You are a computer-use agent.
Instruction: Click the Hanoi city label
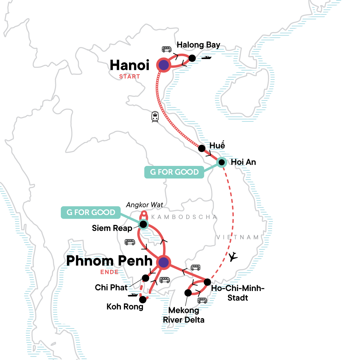130,65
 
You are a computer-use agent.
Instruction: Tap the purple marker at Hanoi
164,65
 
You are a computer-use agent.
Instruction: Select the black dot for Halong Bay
192,58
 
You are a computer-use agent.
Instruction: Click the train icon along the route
155,117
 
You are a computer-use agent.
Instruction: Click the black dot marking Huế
202,148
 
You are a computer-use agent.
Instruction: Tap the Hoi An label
243,162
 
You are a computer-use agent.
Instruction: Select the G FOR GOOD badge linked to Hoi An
174,172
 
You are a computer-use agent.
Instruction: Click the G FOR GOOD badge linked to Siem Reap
91,212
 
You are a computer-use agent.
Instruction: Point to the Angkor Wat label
144,205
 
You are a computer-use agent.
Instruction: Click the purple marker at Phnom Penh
164,262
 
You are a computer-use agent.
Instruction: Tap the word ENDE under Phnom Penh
109,272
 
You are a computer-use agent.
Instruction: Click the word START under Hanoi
130,76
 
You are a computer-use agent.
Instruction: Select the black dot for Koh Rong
143,300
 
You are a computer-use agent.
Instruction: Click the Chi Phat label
111,287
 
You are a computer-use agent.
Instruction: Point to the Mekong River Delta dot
188,293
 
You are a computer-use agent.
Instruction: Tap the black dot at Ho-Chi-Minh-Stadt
207,282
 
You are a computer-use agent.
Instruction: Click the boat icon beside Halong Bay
206,58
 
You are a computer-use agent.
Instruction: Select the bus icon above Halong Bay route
166,49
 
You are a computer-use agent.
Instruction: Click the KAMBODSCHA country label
184,217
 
